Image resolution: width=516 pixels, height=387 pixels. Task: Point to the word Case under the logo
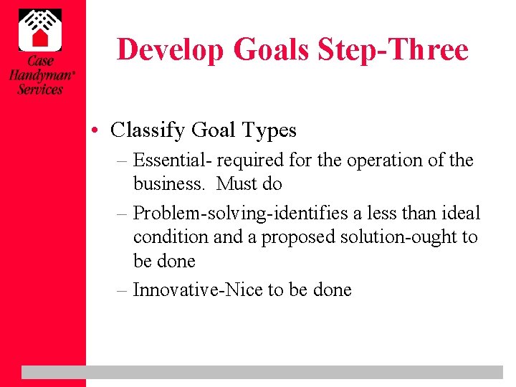point(41,61)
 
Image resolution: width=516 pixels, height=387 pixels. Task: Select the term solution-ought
point(404,237)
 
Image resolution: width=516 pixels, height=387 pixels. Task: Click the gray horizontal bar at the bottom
point(262,372)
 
